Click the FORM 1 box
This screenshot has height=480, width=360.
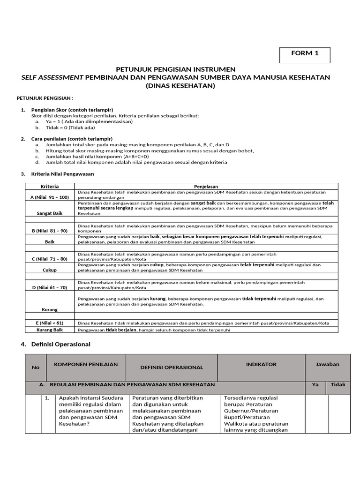click(x=305, y=55)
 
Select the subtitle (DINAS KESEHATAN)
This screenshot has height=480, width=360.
click(x=180, y=86)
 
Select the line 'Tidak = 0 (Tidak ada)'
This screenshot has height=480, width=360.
click(x=70, y=127)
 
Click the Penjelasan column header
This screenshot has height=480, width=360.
click(x=206, y=186)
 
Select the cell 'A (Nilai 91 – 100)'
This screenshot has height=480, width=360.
click(x=49, y=197)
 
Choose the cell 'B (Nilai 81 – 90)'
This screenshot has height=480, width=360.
click(x=49, y=231)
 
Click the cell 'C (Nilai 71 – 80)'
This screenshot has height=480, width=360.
click(x=49, y=259)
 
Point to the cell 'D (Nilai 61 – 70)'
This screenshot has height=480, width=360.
click(x=49, y=287)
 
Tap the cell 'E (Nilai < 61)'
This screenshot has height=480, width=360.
click(x=49, y=322)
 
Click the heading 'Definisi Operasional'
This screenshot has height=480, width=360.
click(x=60, y=344)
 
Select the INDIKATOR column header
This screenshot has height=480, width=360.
click(x=261, y=364)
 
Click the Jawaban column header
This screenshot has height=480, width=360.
click(x=327, y=364)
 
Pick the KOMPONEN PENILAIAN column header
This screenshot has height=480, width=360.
click(x=86, y=364)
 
